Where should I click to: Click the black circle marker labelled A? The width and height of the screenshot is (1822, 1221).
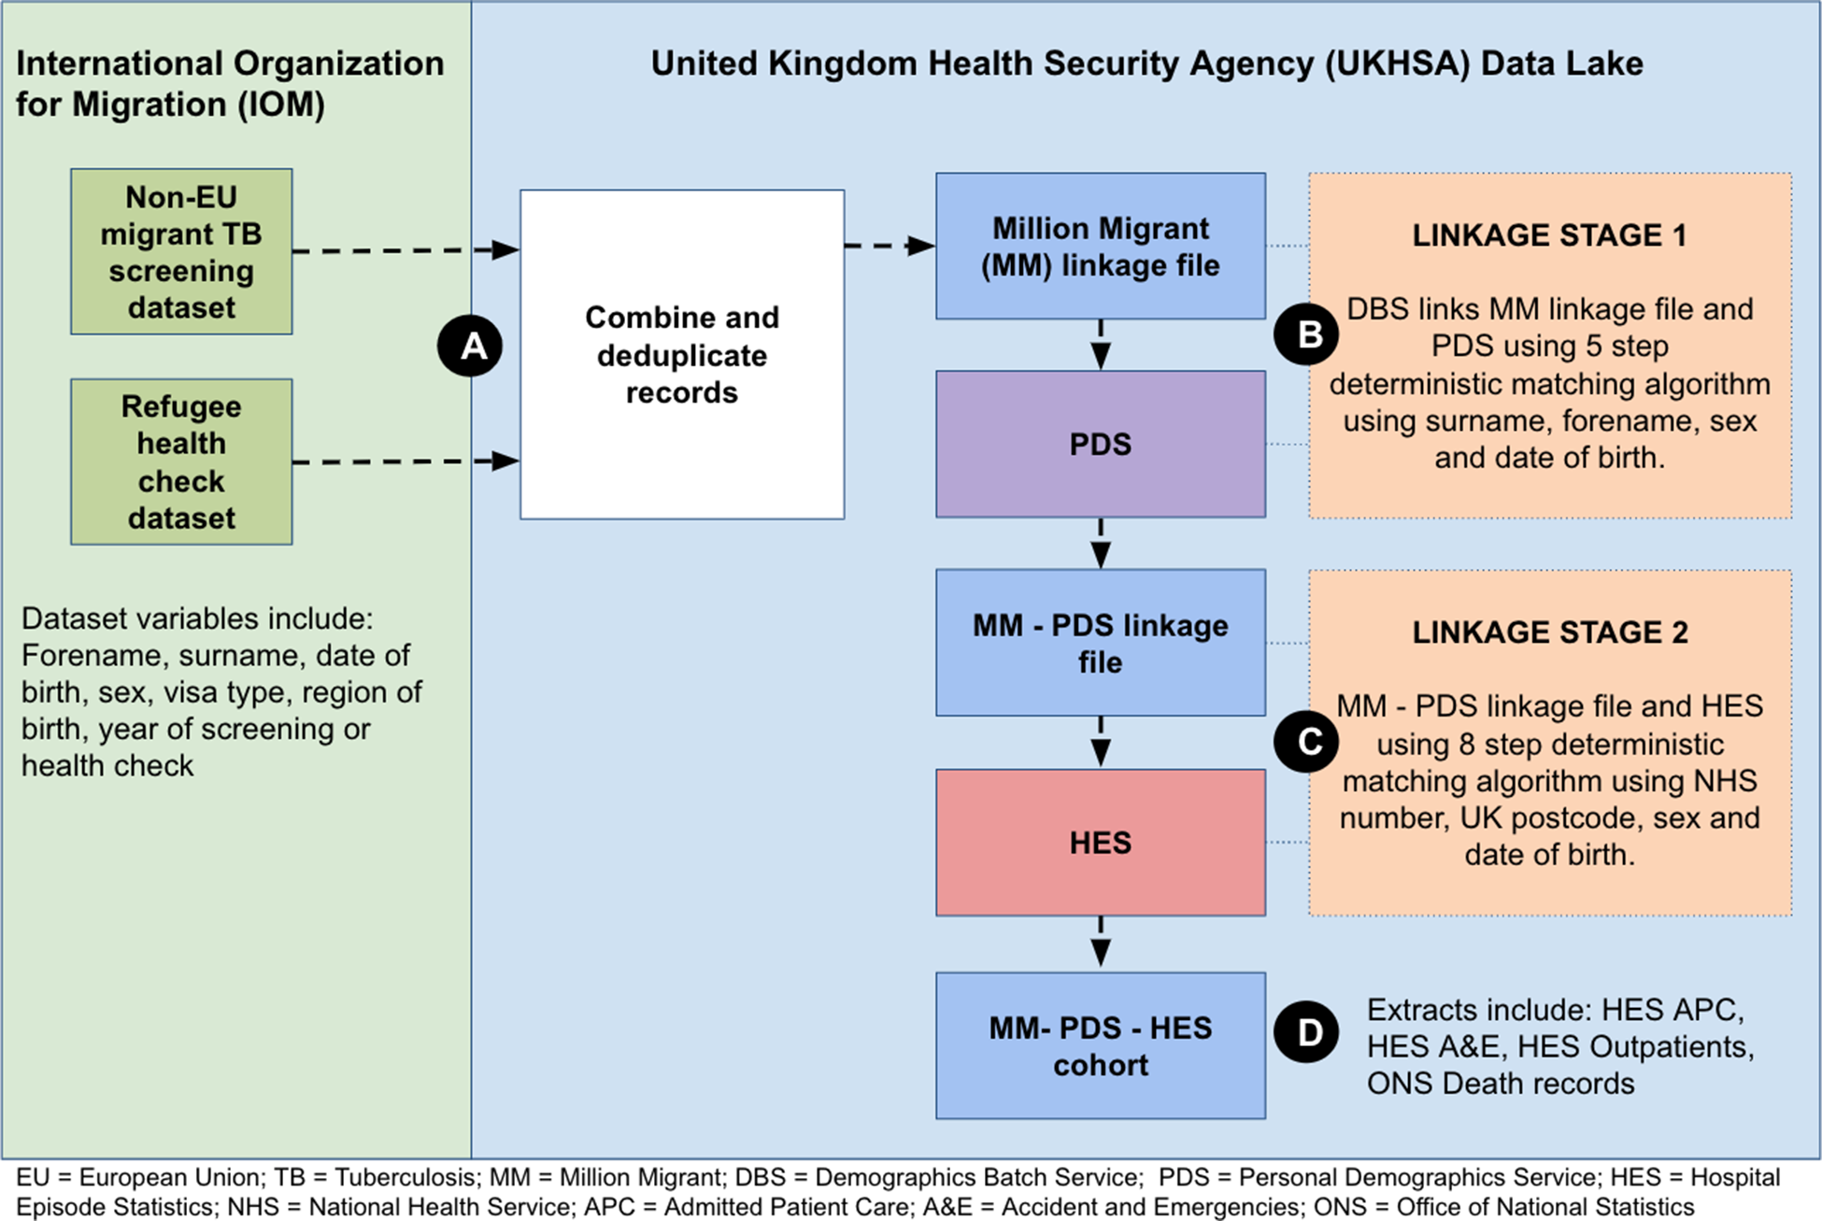470,346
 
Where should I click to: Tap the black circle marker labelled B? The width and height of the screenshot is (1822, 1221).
1306,334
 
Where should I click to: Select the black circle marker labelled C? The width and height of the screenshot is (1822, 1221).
1306,741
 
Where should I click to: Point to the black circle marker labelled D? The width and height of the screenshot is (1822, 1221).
1306,1031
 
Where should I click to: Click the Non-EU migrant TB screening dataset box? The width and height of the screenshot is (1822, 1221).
181,251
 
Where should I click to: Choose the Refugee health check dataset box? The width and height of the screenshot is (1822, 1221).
181,461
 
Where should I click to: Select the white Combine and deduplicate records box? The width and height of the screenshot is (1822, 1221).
682,354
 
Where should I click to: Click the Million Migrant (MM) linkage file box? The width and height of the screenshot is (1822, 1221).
1101,246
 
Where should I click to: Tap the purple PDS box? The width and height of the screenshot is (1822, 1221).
1101,444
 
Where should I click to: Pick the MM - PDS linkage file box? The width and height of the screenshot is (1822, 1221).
1101,643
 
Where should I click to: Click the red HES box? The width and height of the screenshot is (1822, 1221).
1101,843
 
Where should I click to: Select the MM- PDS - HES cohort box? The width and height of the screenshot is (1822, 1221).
1101,1045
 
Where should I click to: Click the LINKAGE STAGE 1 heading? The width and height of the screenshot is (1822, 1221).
1549,235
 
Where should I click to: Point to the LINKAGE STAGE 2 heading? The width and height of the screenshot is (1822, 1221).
1550,632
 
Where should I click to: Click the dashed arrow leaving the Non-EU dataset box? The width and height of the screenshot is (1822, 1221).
406,250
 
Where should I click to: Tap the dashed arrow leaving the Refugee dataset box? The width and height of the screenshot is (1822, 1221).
406,461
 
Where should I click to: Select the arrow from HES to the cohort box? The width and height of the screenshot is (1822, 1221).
1101,943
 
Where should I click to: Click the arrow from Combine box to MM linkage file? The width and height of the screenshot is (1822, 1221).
890,246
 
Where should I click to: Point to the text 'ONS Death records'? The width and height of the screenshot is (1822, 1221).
1501,1084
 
